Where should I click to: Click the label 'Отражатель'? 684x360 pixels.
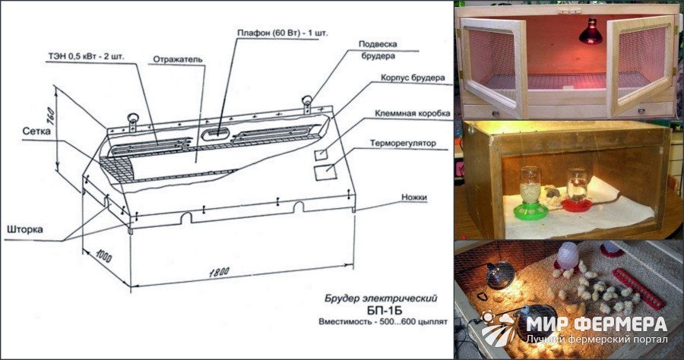click(x=178, y=59)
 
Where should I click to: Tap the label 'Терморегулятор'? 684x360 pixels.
click(x=403, y=143)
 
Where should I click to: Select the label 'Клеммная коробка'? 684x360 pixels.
click(x=412, y=113)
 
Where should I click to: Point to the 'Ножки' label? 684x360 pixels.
click(x=414, y=197)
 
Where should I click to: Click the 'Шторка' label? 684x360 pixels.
click(x=25, y=229)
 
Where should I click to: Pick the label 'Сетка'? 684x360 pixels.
click(x=36, y=131)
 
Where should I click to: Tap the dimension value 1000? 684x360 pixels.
click(x=103, y=256)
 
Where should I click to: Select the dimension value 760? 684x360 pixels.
click(x=50, y=116)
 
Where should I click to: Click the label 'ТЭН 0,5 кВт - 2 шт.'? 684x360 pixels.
click(x=87, y=57)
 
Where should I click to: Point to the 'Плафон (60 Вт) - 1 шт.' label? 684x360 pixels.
click(x=283, y=33)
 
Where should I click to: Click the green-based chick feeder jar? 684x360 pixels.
click(x=530, y=194)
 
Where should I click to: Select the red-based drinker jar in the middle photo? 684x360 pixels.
click(x=577, y=191)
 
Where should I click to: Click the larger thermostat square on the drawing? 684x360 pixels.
click(x=325, y=172)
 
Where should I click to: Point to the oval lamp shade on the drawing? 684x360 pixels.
click(x=216, y=134)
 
